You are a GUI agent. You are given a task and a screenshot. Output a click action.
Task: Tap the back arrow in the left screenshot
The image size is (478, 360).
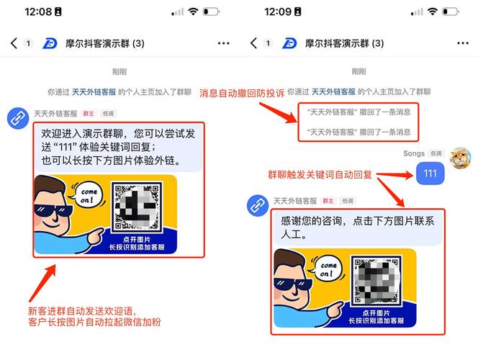click(x=14, y=43)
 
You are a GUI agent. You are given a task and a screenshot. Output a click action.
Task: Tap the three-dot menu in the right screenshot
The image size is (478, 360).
click(x=461, y=43)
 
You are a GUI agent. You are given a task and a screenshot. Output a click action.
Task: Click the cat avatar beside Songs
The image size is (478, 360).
click(x=461, y=158)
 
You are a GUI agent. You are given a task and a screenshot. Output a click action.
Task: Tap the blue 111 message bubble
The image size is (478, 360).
click(x=430, y=173)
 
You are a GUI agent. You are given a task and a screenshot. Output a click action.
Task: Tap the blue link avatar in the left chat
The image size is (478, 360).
click(x=17, y=119)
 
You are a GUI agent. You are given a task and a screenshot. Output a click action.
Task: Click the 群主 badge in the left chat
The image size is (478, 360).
click(x=89, y=113)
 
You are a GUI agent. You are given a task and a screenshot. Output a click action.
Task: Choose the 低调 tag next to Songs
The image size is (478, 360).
click(x=436, y=153)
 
